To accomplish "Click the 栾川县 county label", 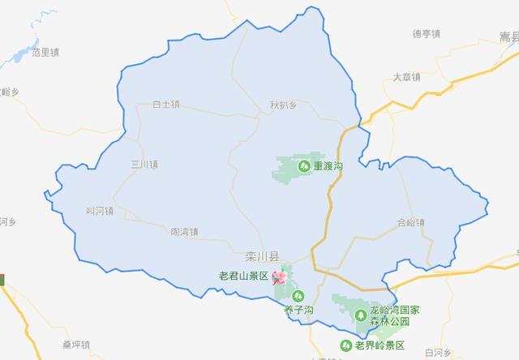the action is coord(262,256).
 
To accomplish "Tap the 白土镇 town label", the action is coord(167,105).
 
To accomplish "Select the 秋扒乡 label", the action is coord(284,105).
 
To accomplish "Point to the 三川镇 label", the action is coord(144,165).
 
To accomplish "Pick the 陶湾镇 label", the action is coord(185,232).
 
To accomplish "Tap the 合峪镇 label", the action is coord(411,221).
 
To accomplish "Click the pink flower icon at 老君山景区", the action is coord(280,277).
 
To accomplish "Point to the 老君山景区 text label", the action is coord(243,276).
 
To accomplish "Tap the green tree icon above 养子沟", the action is coord(298,296).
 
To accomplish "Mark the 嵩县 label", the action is coord(508,37).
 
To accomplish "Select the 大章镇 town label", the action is coord(405,78).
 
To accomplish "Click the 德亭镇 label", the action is coord(426,34).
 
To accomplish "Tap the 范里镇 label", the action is coord(45,53).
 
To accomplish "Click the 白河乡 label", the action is coord(437,353).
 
